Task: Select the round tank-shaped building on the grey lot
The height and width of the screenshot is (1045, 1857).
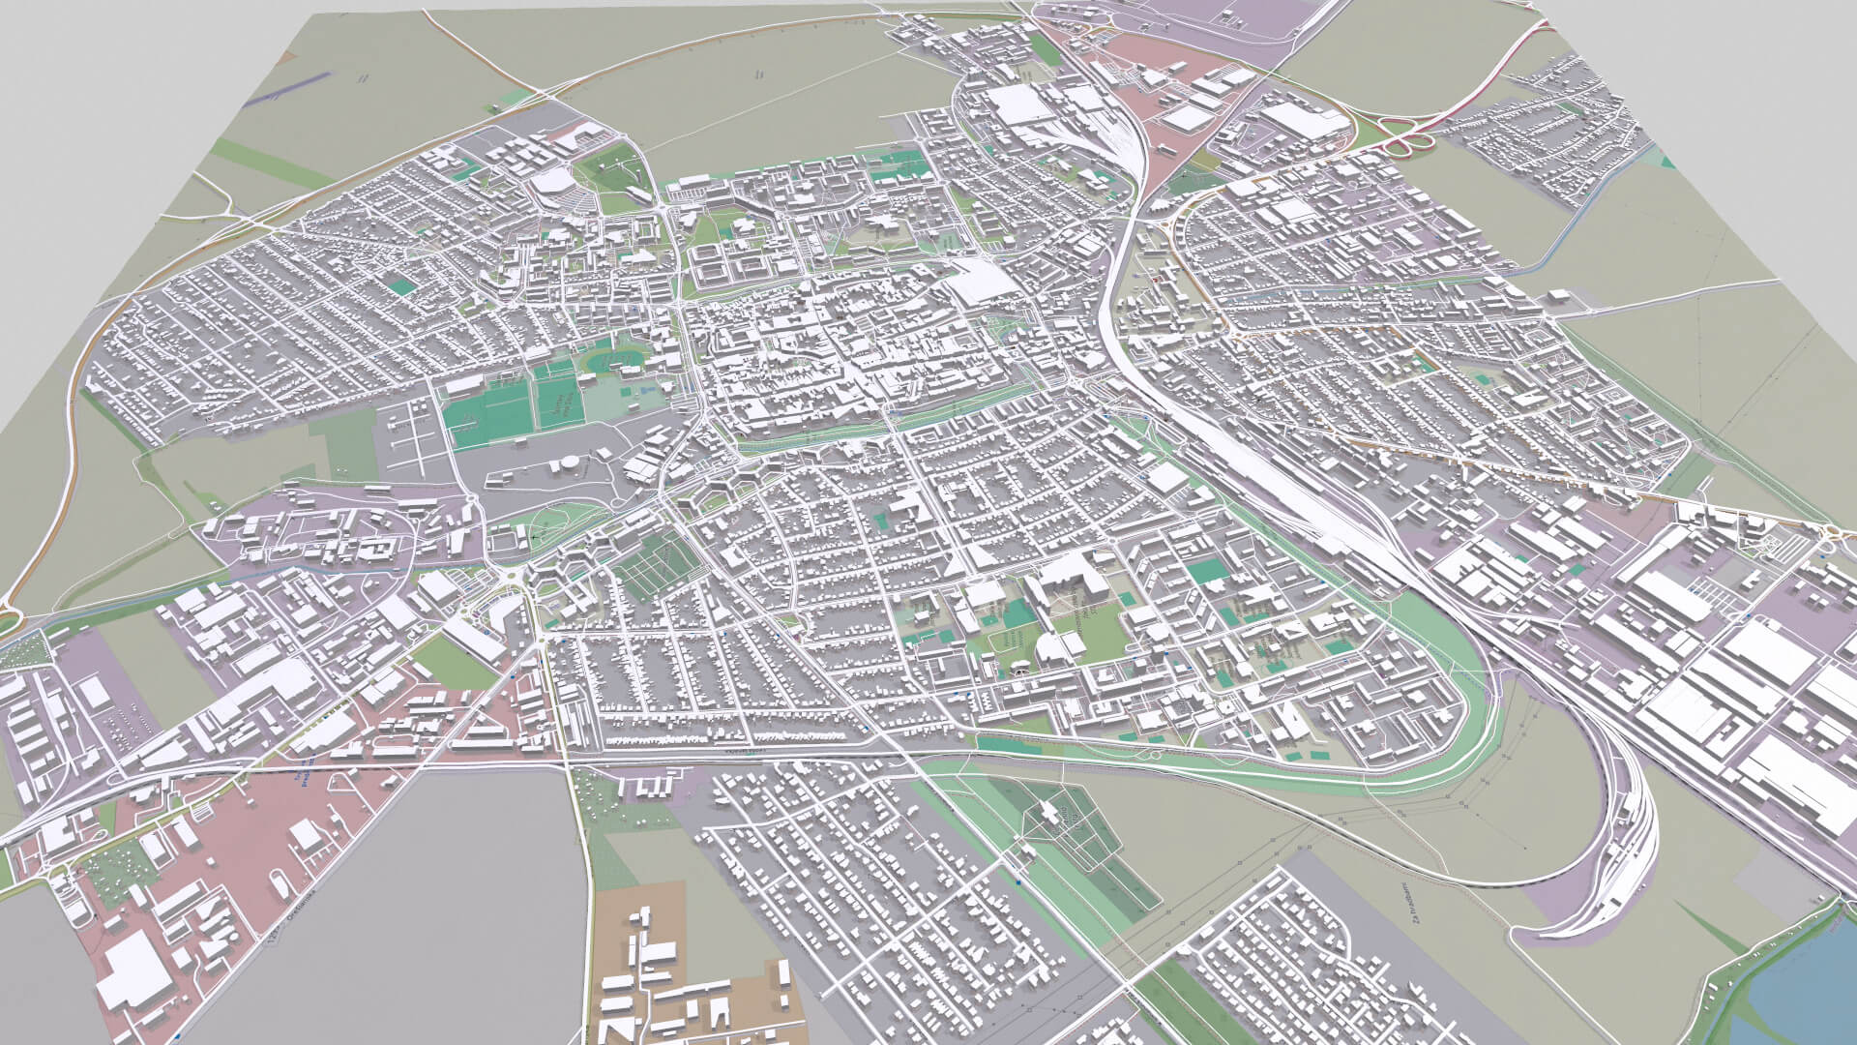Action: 568,466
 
